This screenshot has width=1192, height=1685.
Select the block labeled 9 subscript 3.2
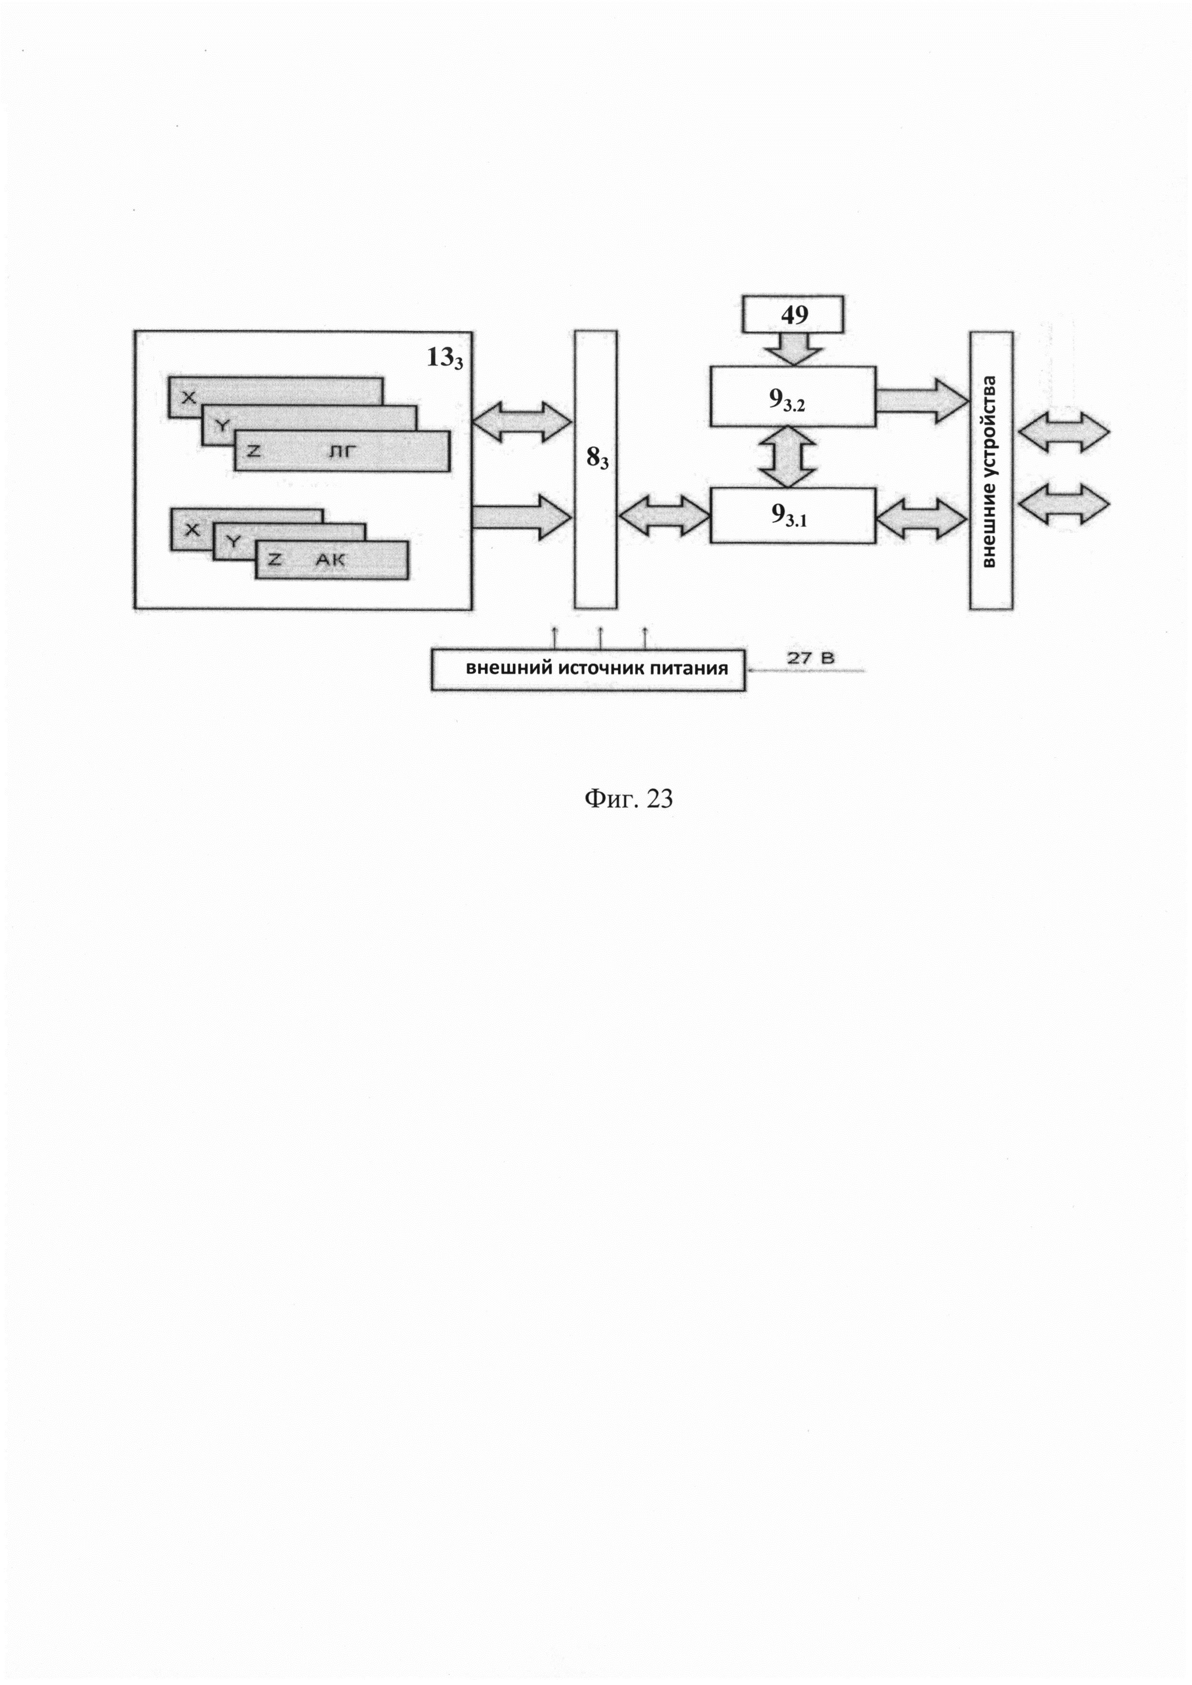[x=792, y=397]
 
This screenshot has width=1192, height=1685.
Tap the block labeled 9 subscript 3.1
[x=792, y=516]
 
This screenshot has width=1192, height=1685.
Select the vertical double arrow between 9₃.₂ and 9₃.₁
[x=788, y=456]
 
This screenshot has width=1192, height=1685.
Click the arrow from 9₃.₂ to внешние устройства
[x=922, y=401]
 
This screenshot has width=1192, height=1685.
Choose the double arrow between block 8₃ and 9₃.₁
[x=663, y=516]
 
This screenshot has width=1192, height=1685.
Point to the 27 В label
[x=811, y=658]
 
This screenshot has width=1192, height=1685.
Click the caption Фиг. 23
[x=628, y=799]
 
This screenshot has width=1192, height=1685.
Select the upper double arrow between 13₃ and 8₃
[x=522, y=422]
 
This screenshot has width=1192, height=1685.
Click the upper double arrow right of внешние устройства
[x=1064, y=431]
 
